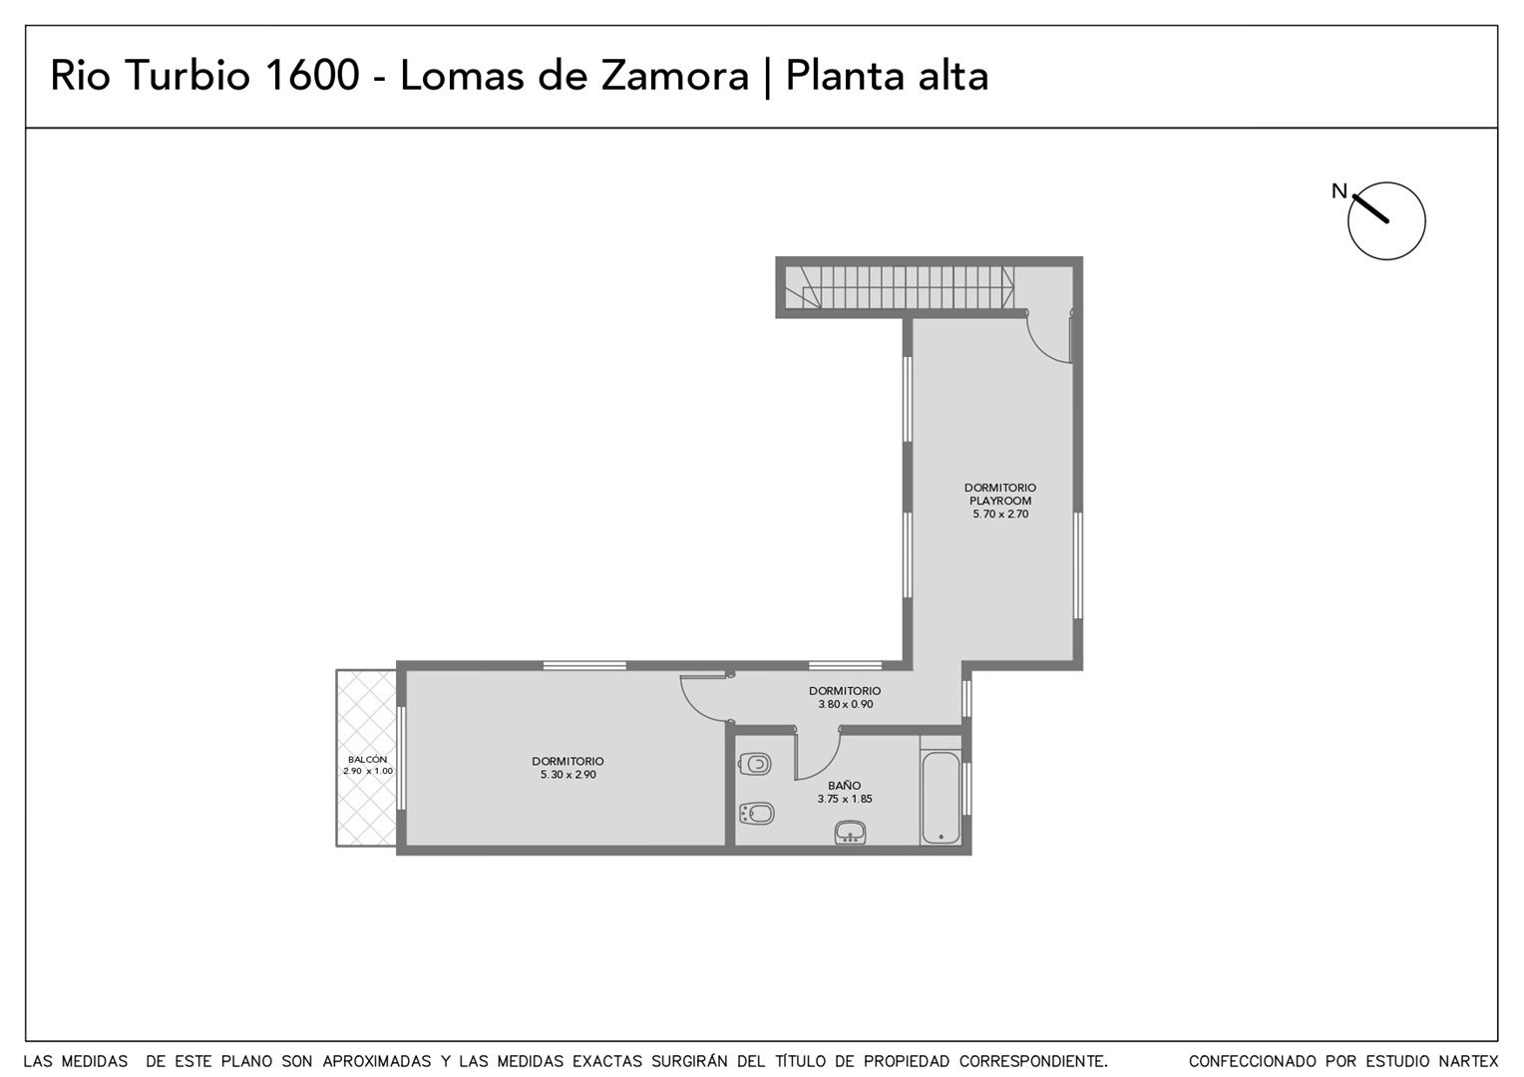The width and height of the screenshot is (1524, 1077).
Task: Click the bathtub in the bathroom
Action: [x=941, y=798]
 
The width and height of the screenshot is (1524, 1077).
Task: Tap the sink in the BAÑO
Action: [x=850, y=833]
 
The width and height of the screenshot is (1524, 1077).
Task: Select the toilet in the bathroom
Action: [x=754, y=764]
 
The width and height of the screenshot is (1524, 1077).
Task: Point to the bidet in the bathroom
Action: [x=756, y=813]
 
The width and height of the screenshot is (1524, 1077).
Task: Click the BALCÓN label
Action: [x=367, y=759]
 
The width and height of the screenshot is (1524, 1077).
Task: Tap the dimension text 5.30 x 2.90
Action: [x=569, y=774]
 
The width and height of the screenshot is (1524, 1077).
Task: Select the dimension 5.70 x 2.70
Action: [x=1000, y=514]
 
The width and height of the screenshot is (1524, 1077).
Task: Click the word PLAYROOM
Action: [x=1000, y=501]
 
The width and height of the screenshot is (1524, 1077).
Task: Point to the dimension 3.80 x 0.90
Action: [x=845, y=704]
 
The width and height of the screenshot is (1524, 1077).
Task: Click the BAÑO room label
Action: [x=845, y=785]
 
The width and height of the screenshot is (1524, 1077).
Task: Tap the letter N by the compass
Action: [x=1338, y=191]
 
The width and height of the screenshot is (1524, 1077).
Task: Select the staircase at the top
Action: [x=900, y=286]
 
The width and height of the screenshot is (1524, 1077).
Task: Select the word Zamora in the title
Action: [x=675, y=76]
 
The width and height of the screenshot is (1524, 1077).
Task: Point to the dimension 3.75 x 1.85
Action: [x=845, y=799]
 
